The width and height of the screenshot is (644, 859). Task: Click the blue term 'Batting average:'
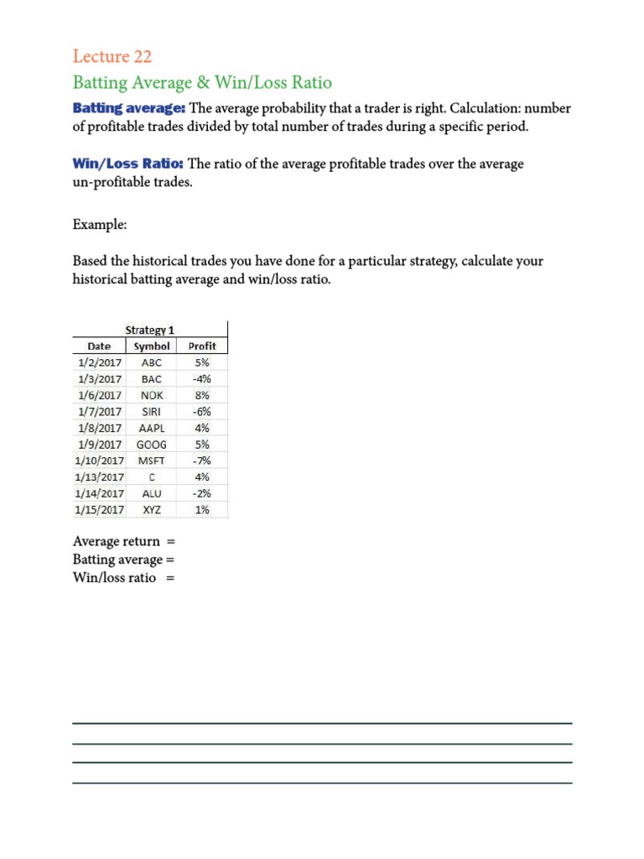(129, 108)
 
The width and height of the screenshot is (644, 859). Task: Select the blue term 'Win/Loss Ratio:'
(128, 164)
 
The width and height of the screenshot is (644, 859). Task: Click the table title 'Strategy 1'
(149, 330)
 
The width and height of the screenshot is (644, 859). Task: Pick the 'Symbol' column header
(152, 346)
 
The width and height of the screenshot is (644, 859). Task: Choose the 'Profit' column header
(202, 346)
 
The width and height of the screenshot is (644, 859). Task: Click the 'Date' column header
(99, 346)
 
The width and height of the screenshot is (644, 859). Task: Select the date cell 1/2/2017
(99, 362)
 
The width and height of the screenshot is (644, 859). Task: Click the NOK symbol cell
(152, 395)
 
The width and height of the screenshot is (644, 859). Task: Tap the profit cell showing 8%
(202, 395)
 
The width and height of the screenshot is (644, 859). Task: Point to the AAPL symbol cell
(152, 428)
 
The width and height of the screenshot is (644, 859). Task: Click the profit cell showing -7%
(202, 461)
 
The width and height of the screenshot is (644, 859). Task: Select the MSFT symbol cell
(152, 461)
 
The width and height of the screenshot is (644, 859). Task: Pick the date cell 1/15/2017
(99, 509)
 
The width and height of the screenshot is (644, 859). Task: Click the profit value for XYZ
(202, 509)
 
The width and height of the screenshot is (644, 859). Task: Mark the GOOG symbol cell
(152, 445)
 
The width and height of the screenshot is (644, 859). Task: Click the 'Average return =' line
(123, 541)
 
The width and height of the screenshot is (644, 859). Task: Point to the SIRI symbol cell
(152, 412)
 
